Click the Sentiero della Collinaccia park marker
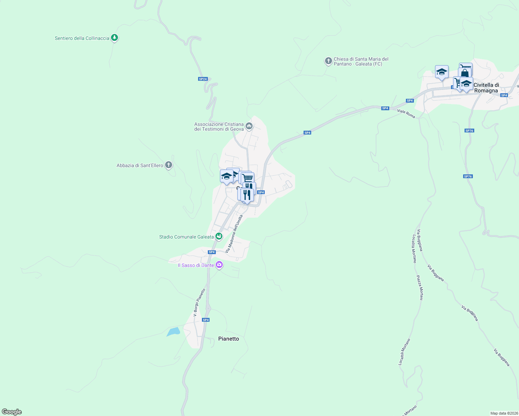(x=114, y=38)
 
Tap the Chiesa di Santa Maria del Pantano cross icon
(x=328, y=61)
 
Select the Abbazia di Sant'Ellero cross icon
(x=169, y=165)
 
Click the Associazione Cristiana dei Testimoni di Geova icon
(x=249, y=126)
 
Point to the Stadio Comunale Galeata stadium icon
(x=219, y=236)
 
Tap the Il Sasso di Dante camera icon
(x=219, y=265)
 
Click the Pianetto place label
(x=229, y=339)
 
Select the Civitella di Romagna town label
(x=486, y=88)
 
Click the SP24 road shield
(x=203, y=79)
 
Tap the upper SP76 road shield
(x=469, y=131)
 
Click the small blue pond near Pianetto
(x=173, y=332)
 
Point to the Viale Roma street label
(x=406, y=113)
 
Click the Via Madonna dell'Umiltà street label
(x=234, y=234)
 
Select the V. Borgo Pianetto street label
(x=199, y=302)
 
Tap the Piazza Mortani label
(x=420, y=288)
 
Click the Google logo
(x=12, y=412)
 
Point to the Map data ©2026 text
(x=504, y=413)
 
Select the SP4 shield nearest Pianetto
(x=206, y=320)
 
